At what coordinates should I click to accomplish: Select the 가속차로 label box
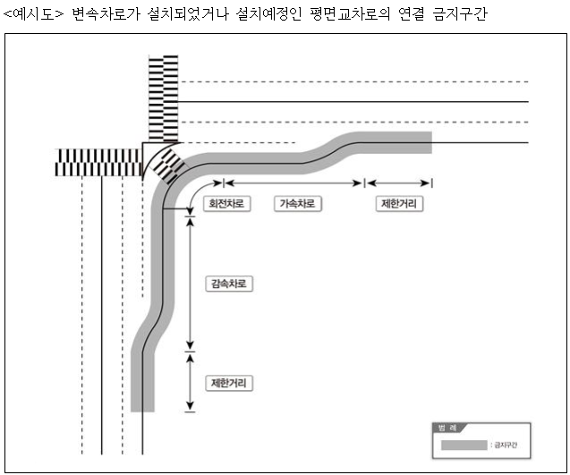[297, 204]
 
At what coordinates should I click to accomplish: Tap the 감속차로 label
[228, 284]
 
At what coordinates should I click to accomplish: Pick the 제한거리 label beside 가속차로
[398, 204]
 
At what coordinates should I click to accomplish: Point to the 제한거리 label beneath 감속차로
[228, 383]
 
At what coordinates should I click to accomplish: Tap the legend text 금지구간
[506, 444]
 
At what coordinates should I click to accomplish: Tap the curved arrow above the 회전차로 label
[198, 195]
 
